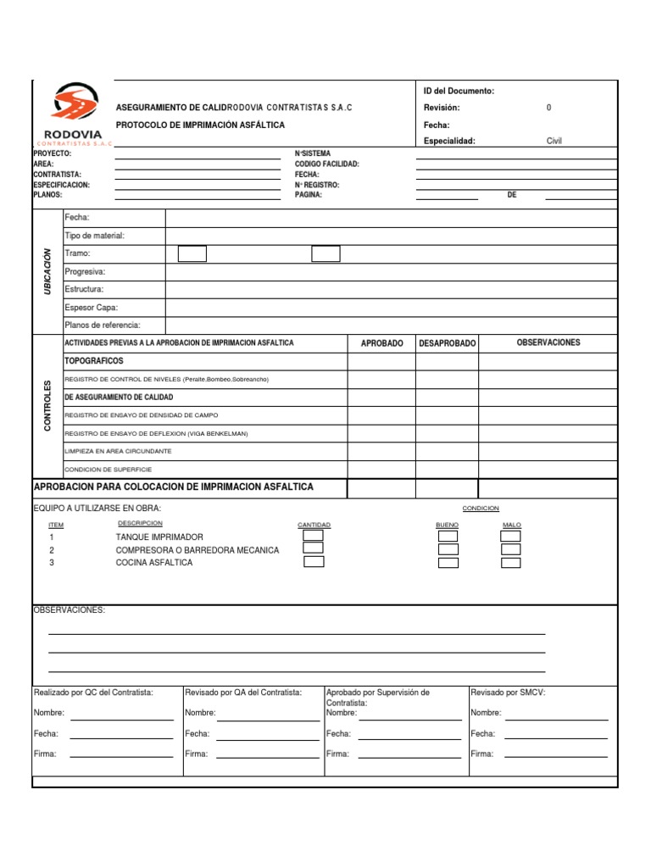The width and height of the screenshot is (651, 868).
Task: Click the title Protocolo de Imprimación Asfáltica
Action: click(x=200, y=125)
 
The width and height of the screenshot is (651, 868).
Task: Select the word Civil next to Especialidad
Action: click(x=554, y=141)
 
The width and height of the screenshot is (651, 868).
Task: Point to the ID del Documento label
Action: click(x=459, y=91)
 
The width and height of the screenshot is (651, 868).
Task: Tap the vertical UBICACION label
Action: click(x=47, y=271)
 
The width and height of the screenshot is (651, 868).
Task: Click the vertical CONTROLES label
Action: click(x=47, y=406)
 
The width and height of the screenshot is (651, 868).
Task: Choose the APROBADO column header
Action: click(x=381, y=343)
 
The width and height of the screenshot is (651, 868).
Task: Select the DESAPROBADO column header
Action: click(x=447, y=343)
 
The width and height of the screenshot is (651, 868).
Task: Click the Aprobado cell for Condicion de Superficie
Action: click(x=381, y=469)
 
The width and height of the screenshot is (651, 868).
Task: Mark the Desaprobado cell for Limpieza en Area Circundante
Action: click(x=447, y=451)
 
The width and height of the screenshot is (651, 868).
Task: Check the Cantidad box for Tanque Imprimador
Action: click(x=314, y=535)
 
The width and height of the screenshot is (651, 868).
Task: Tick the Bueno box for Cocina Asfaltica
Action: click(x=448, y=563)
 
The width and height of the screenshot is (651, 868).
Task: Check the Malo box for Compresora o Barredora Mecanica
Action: click(x=510, y=549)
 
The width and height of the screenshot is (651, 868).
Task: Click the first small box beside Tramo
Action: click(x=192, y=253)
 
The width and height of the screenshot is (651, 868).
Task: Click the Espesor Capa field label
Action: click(x=92, y=308)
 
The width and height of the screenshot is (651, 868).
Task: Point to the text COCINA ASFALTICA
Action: click(x=153, y=563)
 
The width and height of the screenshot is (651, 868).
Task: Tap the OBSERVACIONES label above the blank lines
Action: click(x=69, y=610)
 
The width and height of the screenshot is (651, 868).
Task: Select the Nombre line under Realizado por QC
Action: click(x=121, y=719)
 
